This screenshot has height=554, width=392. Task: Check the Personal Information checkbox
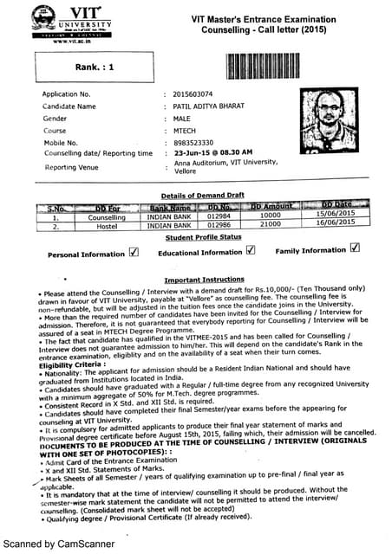click(134, 253)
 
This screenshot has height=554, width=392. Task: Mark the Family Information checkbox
click(353, 249)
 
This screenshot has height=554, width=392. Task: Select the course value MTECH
click(186, 130)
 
